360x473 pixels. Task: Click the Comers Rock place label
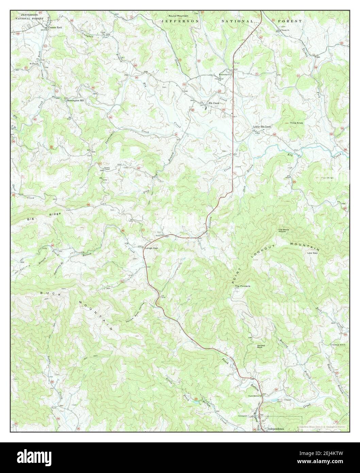55,27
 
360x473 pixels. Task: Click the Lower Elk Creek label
262,127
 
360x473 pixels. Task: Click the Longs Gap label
152,248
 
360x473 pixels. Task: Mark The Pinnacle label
243,286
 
